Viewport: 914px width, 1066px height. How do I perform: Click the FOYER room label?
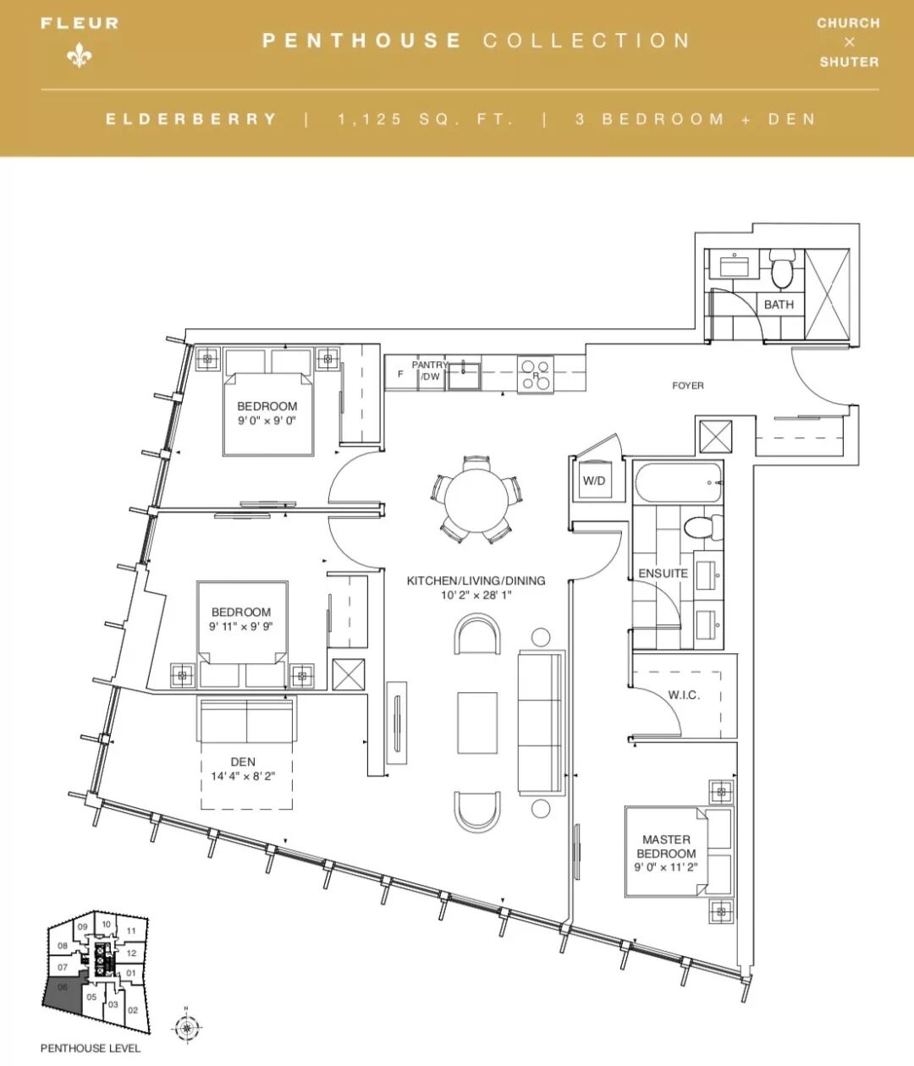[x=687, y=385]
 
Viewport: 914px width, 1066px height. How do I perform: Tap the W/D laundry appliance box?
[x=594, y=481]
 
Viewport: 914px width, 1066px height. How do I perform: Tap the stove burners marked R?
[x=536, y=375]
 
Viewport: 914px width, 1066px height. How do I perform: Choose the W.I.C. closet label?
[x=684, y=695]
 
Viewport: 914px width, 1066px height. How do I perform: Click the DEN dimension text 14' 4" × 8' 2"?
[x=243, y=776]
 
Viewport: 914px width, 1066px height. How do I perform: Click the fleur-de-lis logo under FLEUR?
[x=79, y=55]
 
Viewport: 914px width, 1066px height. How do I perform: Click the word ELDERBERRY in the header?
[x=191, y=119]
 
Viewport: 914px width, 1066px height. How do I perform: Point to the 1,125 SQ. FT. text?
[x=426, y=119]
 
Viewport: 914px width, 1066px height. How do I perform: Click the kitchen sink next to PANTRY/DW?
[x=464, y=376]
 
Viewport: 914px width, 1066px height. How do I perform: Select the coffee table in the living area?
[x=477, y=723]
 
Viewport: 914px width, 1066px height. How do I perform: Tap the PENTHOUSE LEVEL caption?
[x=91, y=1048]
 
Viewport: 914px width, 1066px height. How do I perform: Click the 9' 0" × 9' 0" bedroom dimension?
[x=267, y=420]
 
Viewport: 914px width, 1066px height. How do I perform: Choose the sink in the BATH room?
[x=735, y=266]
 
